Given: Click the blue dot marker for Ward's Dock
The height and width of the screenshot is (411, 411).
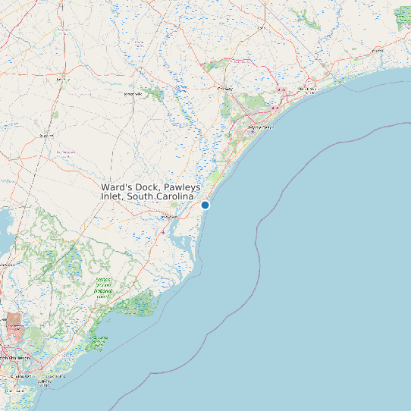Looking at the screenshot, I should click(x=205, y=205).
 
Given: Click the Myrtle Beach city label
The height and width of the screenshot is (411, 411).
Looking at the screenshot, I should click(x=261, y=127).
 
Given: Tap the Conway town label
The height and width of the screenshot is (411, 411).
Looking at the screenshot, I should click(x=224, y=89).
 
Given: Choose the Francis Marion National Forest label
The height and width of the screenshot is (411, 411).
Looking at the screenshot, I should click(x=104, y=286).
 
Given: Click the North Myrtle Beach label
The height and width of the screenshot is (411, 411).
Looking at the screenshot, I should click(x=308, y=89).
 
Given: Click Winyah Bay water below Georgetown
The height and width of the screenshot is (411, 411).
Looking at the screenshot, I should click(x=183, y=243).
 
